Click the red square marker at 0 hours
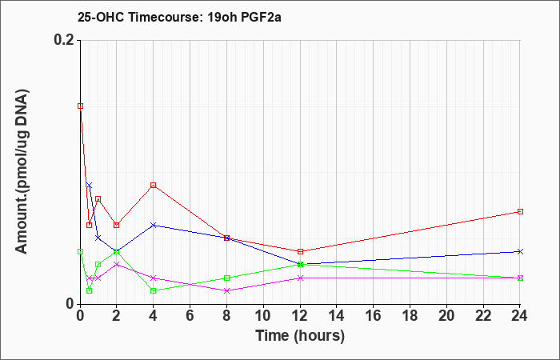click(81, 106)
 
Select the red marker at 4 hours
click(154, 185)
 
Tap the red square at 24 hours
click(520, 211)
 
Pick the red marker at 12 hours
click(300, 251)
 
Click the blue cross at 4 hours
click(154, 225)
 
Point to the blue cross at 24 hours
click(520, 251)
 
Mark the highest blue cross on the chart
click(90, 185)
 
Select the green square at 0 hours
click(81, 251)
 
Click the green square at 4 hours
click(154, 290)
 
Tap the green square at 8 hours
click(226, 278)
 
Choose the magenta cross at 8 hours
click(226, 290)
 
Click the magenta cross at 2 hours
click(117, 264)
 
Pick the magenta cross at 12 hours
click(300, 278)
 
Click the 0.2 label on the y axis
click(65, 40)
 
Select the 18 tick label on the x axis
click(410, 316)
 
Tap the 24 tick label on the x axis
click(520, 316)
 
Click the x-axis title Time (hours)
click(300, 336)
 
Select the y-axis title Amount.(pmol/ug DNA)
click(22, 172)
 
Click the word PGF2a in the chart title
click(261, 17)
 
